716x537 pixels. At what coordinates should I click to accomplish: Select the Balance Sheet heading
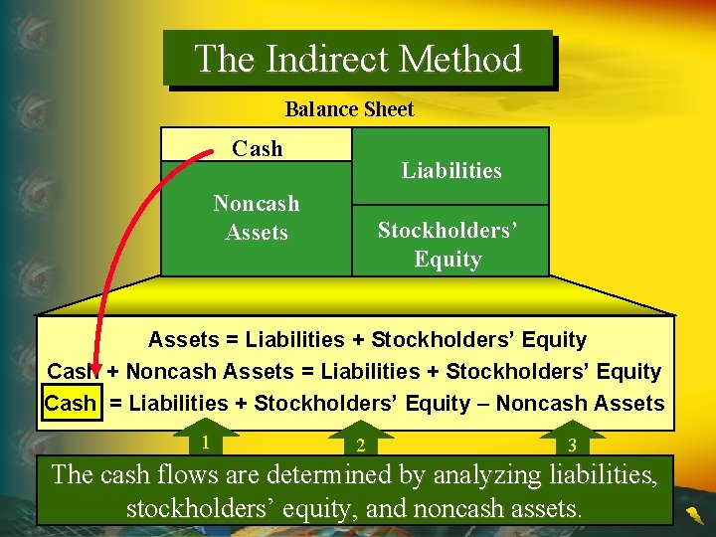click(x=349, y=109)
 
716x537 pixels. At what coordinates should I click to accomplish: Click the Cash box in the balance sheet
click(x=257, y=148)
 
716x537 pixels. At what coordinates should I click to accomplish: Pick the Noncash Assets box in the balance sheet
click(x=257, y=218)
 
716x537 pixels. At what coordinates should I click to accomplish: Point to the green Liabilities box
click(x=450, y=170)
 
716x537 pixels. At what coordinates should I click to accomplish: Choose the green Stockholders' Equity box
click(x=447, y=245)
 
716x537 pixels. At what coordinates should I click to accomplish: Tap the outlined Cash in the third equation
click(x=71, y=404)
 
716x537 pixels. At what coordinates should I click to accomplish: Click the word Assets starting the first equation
click(x=183, y=340)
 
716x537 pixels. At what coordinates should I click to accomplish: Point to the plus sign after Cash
click(x=113, y=372)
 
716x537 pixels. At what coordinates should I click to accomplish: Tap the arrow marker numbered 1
click(x=205, y=442)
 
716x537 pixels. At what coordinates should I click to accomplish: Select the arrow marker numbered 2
click(x=360, y=444)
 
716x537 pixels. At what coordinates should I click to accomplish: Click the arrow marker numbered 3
click(x=571, y=444)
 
